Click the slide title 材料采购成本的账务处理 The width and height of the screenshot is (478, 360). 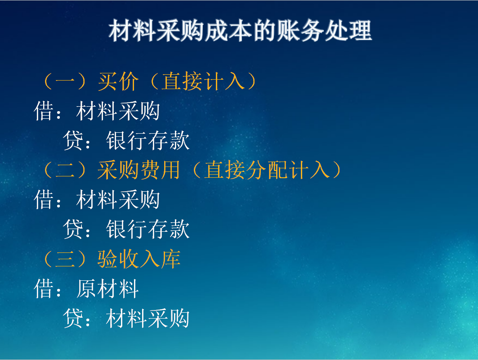coord(240,31)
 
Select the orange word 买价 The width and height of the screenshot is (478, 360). coord(118,82)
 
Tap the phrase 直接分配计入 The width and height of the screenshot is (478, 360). coord(267,171)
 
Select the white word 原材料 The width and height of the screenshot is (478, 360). coord(107,288)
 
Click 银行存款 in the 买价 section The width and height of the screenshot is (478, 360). coord(148,141)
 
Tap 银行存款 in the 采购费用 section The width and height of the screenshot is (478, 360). coord(148,229)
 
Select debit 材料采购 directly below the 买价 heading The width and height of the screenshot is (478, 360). coord(118,111)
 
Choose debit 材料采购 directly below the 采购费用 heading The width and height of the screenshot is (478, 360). coord(118,200)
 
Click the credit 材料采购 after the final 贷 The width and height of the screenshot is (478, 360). coord(148,318)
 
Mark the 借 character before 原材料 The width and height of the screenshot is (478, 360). coord(44,288)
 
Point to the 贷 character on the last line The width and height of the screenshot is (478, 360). coord(73,318)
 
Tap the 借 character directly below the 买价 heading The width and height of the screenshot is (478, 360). coord(44,111)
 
